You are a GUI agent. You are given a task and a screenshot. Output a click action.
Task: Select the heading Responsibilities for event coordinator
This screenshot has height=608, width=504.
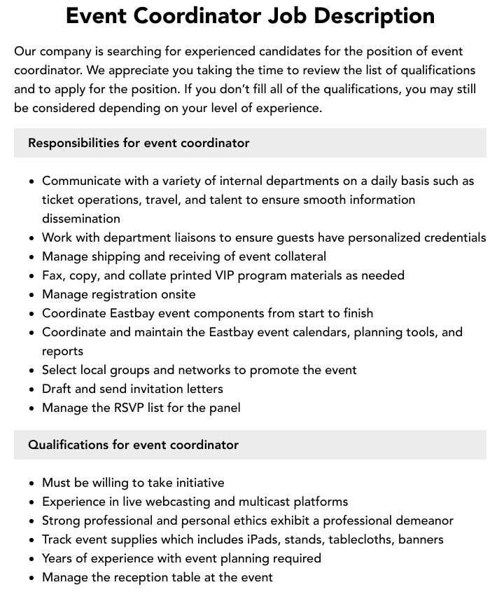(139, 143)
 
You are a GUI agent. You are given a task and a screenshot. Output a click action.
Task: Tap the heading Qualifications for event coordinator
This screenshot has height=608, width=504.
(133, 445)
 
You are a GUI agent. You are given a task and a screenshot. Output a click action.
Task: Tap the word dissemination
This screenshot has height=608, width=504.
(81, 219)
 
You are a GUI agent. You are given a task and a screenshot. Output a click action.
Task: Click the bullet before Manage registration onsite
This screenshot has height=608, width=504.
(31, 295)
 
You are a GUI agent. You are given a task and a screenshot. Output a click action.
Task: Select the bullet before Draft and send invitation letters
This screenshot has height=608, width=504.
(31, 389)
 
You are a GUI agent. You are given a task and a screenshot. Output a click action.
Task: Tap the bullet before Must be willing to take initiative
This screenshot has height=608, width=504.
(31, 483)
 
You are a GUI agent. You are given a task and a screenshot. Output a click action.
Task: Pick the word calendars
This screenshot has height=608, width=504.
(315, 332)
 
